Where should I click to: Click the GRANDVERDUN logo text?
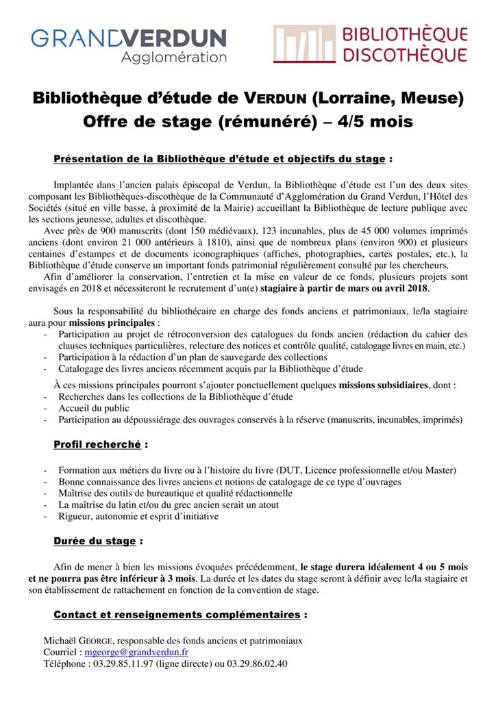pyautogui.click(x=128, y=38)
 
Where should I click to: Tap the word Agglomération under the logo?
pyautogui.click(x=174, y=58)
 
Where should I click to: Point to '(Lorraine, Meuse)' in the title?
pyautogui.click(x=388, y=99)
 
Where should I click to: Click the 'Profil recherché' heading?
pyautogui.click(x=97, y=444)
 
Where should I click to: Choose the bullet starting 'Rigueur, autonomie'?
pyautogui.click(x=138, y=516)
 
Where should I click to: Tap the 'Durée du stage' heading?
pyautogui.click(x=95, y=541)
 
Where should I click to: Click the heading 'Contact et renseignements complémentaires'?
pyautogui.click(x=177, y=614)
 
